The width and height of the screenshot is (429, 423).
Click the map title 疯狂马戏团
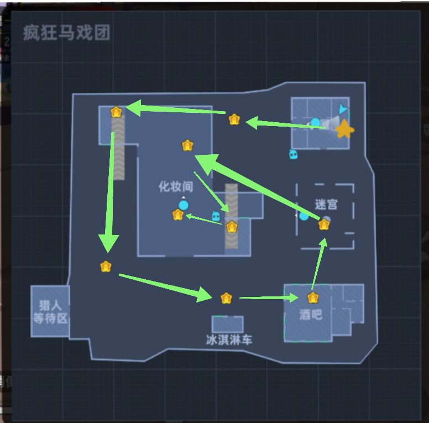(67, 33)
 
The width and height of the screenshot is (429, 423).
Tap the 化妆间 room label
(176, 186)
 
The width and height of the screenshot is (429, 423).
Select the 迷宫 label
(326, 204)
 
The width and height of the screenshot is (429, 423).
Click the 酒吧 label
(311, 315)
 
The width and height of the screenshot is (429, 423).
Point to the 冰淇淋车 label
(229, 340)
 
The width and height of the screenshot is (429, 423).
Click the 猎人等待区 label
(50, 312)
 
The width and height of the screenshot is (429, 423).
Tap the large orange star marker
(345, 129)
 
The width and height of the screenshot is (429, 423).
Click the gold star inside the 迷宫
(324, 225)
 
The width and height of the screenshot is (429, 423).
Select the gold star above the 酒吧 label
(313, 298)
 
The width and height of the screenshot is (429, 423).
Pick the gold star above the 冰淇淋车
(226, 298)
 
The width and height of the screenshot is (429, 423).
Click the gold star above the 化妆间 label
(187, 145)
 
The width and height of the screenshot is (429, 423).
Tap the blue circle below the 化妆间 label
(184, 205)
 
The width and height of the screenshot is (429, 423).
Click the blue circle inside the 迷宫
(304, 216)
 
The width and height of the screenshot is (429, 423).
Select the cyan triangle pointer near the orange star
(343, 108)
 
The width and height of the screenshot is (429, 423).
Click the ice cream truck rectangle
(228, 324)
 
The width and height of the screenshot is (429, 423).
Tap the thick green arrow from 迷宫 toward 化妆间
(257, 187)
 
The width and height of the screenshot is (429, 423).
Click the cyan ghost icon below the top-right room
(294, 154)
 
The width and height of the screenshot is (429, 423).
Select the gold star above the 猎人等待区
(106, 267)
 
